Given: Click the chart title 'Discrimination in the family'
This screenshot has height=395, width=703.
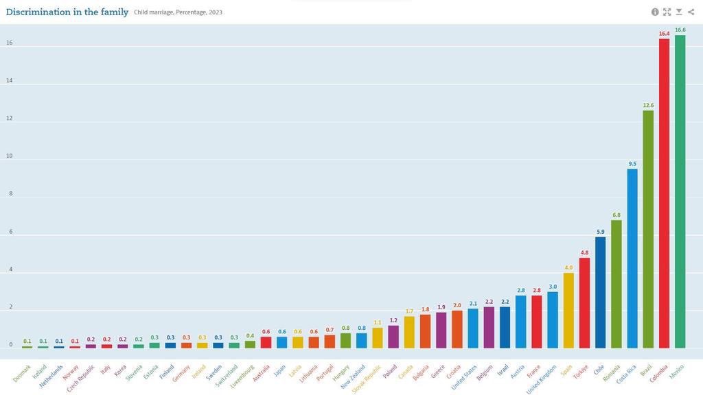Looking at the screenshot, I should click(x=67, y=12).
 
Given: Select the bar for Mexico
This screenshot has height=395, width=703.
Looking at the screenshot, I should click(x=680, y=192).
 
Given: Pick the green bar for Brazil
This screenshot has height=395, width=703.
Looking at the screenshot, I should click(x=648, y=229).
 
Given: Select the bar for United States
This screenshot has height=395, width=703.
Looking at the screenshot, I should click(x=473, y=328).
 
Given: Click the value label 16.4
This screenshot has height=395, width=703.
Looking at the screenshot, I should click(x=664, y=34).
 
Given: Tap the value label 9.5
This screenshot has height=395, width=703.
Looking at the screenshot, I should click(x=632, y=164).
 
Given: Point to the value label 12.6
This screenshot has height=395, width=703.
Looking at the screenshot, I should click(x=648, y=106).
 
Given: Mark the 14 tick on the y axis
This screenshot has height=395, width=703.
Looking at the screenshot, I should click(x=10, y=81).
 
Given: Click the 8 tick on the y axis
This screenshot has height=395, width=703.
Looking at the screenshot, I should click(x=10, y=194).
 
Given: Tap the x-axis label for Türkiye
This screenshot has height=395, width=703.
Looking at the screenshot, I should click(x=580, y=372).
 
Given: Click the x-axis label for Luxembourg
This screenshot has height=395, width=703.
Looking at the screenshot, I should click(x=243, y=376).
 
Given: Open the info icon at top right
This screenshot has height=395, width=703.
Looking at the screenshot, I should click(x=655, y=12).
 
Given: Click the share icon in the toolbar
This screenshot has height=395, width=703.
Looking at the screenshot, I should click(x=691, y=12).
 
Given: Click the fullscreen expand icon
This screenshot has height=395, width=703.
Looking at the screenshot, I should click(x=667, y=12).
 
